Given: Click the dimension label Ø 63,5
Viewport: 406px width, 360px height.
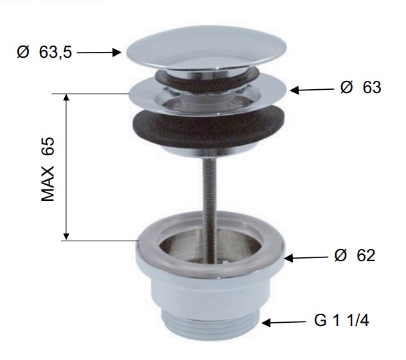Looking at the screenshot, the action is point(44,53).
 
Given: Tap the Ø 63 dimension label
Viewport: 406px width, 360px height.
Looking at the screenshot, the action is point(360,87).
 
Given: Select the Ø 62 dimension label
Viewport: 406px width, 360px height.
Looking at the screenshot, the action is point(355,255).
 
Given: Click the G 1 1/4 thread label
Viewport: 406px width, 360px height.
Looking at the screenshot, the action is point(341,321).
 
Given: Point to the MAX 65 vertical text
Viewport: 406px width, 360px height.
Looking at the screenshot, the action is point(48,169).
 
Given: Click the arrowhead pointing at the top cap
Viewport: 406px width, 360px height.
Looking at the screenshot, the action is point(117,53).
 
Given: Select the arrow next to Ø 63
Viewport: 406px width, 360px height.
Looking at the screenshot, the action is point(312,90).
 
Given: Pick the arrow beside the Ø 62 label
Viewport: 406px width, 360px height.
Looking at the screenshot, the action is point(306,258).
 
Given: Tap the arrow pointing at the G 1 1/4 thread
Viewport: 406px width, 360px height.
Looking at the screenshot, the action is point(283,323).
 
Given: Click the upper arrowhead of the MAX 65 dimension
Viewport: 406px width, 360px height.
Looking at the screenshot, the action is point(67,98).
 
